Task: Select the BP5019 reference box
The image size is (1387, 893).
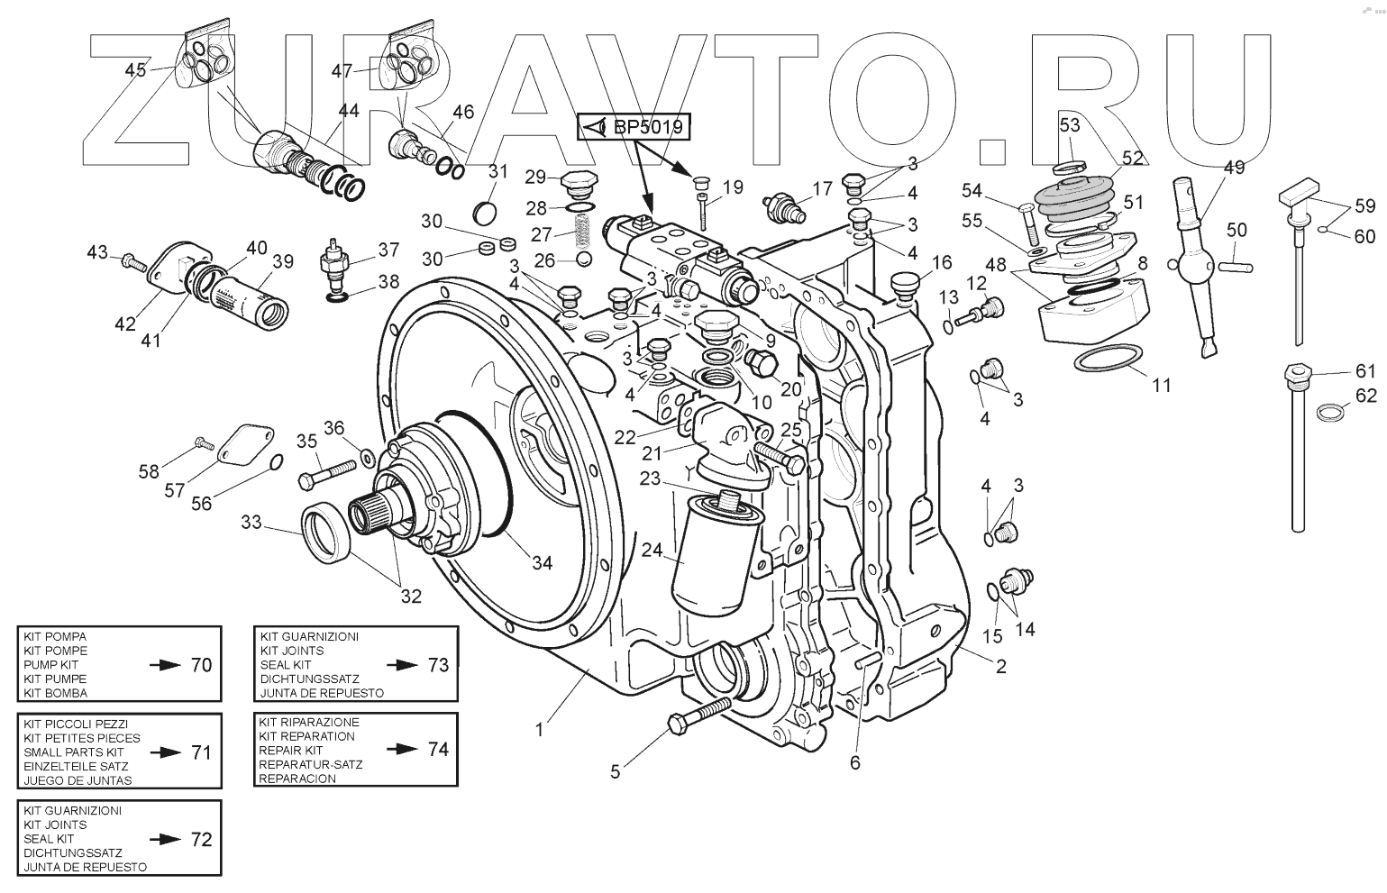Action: click(634, 128)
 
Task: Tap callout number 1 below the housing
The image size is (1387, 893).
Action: click(539, 730)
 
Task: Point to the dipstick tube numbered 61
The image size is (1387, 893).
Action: click(1297, 451)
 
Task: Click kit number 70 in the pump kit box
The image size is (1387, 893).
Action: click(201, 665)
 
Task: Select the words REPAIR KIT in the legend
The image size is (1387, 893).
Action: click(290, 750)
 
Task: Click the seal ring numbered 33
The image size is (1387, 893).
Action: click(324, 533)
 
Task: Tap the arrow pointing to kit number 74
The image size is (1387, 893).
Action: click(398, 749)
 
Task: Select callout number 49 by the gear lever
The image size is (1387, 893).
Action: click(1234, 167)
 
